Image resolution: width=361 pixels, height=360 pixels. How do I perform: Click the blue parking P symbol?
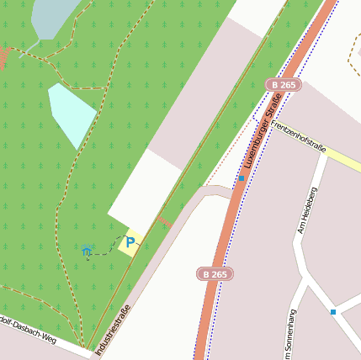point(130,242)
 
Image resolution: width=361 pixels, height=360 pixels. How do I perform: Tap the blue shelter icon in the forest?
point(87,250)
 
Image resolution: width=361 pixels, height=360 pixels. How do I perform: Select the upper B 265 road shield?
point(283,85)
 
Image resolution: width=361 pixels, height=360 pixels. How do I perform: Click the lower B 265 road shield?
point(215,273)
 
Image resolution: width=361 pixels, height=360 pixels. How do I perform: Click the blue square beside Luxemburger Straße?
point(242,178)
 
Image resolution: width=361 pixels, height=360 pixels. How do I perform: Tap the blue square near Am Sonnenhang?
point(333,312)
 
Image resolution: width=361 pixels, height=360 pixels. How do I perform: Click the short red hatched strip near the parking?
point(164,222)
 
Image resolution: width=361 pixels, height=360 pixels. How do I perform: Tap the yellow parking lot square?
point(129,242)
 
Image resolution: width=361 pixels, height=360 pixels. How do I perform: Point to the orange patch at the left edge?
point(3,56)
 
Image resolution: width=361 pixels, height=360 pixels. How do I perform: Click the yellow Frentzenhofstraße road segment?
point(343,159)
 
